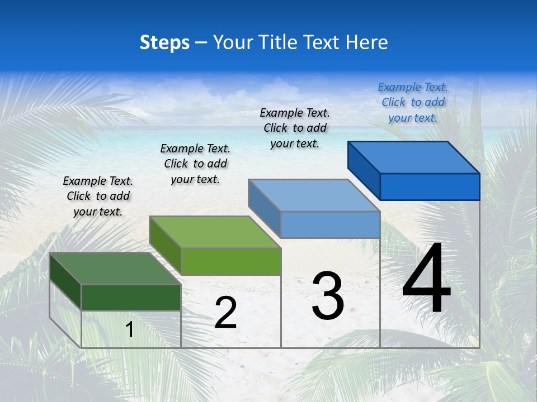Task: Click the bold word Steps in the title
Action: tap(164, 42)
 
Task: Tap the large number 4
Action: tap(426, 279)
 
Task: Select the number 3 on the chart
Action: tap(328, 296)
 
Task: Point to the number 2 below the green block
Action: tap(225, 313)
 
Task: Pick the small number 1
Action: tap(130, 329)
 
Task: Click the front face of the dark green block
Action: tap(131, 297)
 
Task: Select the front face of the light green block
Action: tap(231, 261)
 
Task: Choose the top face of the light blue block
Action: tap(314, 195)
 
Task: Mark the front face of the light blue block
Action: tap(330, 224)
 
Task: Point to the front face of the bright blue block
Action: tap(430, 186)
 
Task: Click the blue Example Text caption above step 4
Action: tap(413, 102)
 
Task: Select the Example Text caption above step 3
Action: tap(295, 128)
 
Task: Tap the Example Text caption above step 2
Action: tap(195, 164)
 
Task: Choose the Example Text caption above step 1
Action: tap(98, 196)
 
